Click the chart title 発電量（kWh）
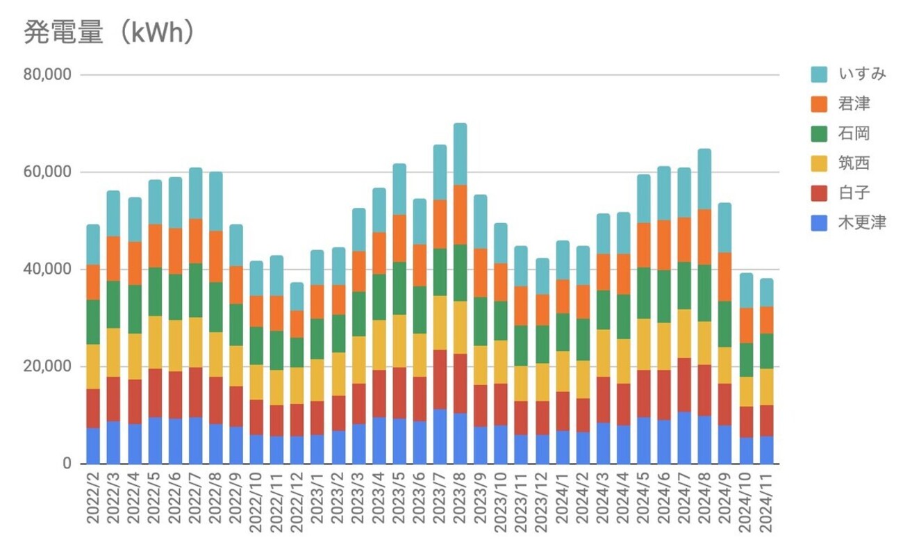point(108,32)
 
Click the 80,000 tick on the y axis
point(47,75)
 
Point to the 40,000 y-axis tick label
point(47,270)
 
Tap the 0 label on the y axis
point(66,464)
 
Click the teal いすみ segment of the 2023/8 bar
point(460,154)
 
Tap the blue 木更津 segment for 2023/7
point(440,436)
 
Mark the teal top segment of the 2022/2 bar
point(93,245)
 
